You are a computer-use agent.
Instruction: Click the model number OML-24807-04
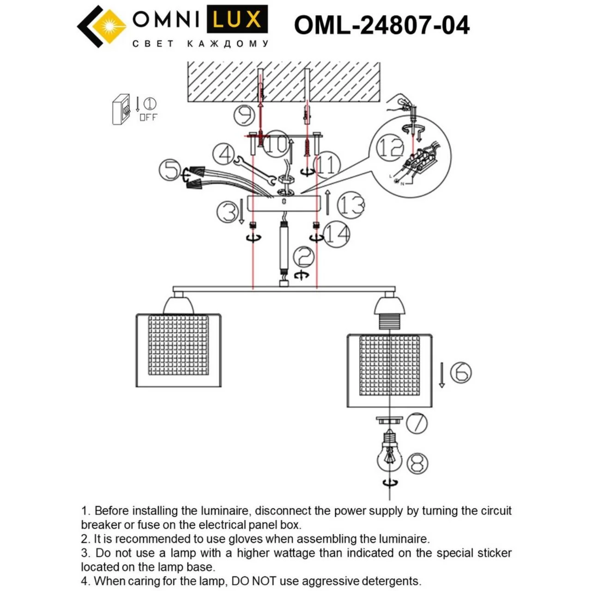click(x=381, y=25)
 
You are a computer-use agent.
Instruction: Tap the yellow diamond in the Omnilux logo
click(x=109, y=26)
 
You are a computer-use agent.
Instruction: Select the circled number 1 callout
click(x=150, y=104)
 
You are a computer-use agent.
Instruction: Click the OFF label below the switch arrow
click(x=148, y=117)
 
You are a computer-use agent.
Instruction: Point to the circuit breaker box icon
click(x=121, y=109)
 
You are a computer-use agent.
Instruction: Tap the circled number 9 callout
click(x=244, y=115)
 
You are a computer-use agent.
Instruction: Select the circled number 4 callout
click(x=223, y=155)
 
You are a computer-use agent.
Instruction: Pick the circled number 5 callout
click(x=169, y=170)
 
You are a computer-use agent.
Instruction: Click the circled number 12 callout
click(x=390, y=148)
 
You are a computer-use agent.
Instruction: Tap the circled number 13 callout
click(x=351, y=205)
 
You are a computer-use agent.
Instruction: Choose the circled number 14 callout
click(x=337, y=234)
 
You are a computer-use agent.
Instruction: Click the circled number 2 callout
click(x=304, y=257)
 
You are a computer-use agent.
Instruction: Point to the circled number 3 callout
click(x=228, y=212)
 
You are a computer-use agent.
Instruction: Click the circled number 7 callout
click(x=416, y=423)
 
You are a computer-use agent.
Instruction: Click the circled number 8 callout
click(x=417, y=464)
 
